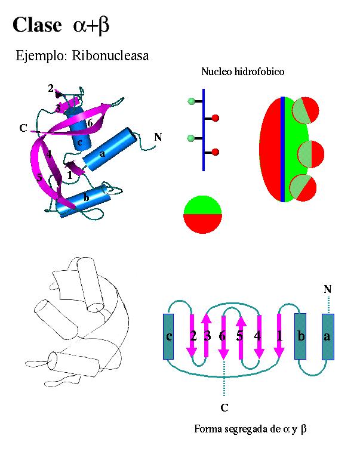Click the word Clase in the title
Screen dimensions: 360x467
(37, 24)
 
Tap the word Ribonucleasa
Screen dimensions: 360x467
(110, 55)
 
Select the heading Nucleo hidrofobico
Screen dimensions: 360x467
(242, 72)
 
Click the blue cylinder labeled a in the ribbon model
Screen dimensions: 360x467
(110, 149)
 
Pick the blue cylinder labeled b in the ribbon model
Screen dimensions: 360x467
(84, 201)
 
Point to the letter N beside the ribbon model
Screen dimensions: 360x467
(158, 137)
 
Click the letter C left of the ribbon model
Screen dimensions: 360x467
(23, 128)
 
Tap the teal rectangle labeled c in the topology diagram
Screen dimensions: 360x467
(168, 336)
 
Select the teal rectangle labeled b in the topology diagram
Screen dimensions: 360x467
(300, 336)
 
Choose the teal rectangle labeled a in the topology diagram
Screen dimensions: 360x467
(328, 337)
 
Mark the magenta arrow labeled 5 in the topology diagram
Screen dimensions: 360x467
(241, 338)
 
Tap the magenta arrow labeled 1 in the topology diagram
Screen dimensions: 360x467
(279, 336)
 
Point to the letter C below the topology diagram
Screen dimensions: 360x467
(224, 407)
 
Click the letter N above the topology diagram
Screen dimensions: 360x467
(328, 289)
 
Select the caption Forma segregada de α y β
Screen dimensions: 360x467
(250, 429)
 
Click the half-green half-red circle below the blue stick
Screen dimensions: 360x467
(202, 215)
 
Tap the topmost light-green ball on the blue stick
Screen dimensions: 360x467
(191, 101)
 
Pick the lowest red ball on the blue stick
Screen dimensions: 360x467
(216, 152)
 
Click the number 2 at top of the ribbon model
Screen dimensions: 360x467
(51, 88)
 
